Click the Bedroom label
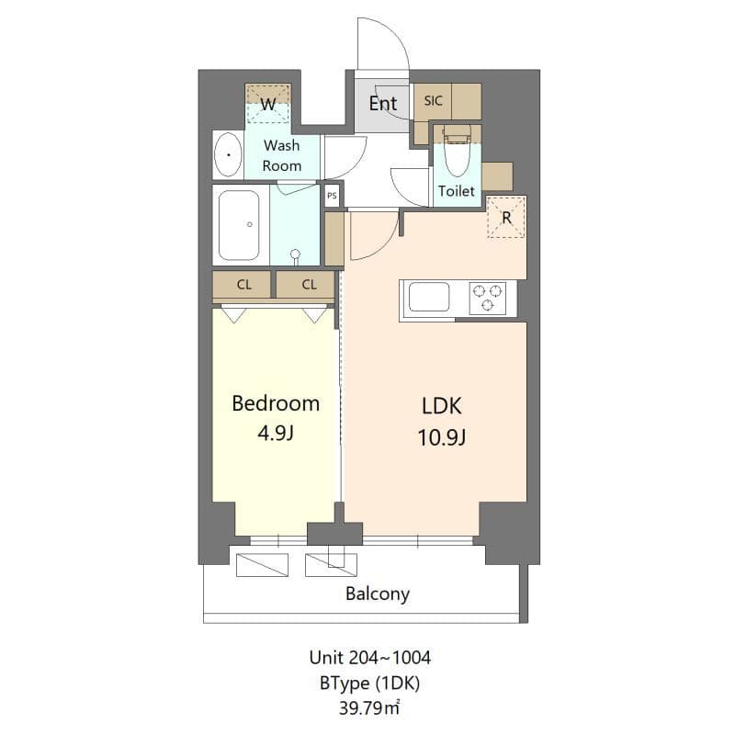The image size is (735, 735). (276, 403)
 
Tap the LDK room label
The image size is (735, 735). (443, 405)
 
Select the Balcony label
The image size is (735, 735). (377, 594)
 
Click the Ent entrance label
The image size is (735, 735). (382, 103)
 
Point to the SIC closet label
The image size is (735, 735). (434, 101)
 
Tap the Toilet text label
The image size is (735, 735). (457, 191)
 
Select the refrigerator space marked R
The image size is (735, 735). (505, 218)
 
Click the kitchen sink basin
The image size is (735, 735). (429, 298)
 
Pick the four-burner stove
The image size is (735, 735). (487, 298)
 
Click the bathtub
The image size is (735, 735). (240, 225)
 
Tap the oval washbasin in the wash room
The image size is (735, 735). (228, 155)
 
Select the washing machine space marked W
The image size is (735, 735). (268, 105)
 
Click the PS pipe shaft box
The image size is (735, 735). (332, 196)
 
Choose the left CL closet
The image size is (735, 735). (243, 285)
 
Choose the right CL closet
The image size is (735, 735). (309, 285)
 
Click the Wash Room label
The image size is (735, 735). (281, 155)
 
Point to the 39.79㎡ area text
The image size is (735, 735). (370, 707)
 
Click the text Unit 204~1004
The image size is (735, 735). (370, 658)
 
